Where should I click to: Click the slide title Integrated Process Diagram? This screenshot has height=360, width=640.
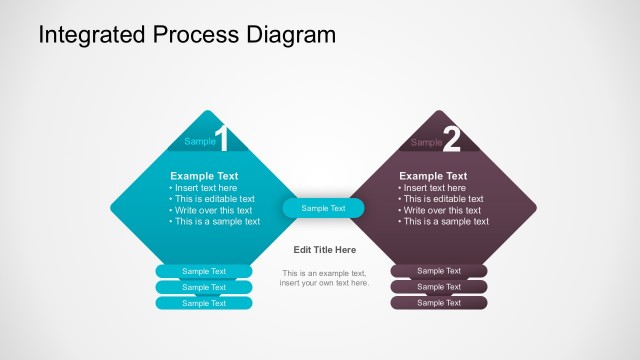point(187,36)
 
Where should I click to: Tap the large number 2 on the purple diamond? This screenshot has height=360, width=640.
point(451,140)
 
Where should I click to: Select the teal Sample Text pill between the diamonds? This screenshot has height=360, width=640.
point(323,208)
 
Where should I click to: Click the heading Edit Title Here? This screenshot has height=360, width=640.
point(324,250)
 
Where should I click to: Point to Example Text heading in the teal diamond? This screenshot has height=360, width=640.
point(204,176)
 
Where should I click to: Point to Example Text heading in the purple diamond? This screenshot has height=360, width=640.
point(433,176)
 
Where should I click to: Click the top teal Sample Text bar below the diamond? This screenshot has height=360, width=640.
point(204,271)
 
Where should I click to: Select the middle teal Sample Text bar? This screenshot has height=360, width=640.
point(204,287)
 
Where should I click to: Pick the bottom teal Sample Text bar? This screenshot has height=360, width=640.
point(204,302)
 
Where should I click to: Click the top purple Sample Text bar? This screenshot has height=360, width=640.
point(439,271)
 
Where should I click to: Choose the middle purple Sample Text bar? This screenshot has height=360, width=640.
point(439,287)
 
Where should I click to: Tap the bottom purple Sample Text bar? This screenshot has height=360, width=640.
point(439,302)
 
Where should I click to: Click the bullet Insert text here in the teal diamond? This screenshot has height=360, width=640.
point(205,188)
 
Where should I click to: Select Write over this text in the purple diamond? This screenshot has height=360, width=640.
point(441,210)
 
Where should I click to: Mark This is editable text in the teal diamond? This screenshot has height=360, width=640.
point(214,199)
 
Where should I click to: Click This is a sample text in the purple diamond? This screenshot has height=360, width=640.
point(445,222)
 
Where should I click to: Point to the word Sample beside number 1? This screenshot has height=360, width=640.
point(200,142)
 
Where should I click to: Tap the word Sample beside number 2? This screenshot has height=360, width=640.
point(427,142)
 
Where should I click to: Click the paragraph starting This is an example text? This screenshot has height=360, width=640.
point(324,278)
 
